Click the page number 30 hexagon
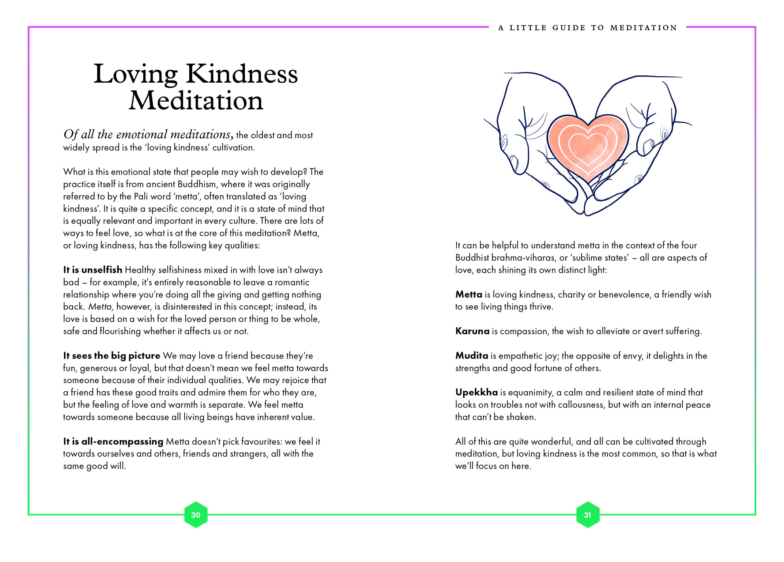coord(196,515)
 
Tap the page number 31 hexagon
coord(587,515)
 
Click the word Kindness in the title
coord(242,74)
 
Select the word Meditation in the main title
coord(196,101)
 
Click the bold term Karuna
coord(472,331)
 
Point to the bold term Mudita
coord(472,355)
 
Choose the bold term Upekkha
coord(476,392)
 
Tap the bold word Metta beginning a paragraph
coord(468,294)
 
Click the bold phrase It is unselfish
coord(93,270)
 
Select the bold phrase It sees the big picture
coord(112,355)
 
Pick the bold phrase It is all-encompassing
coord(113,441)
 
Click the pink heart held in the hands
coord(588,147)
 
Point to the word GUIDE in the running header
coord(569,28)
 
